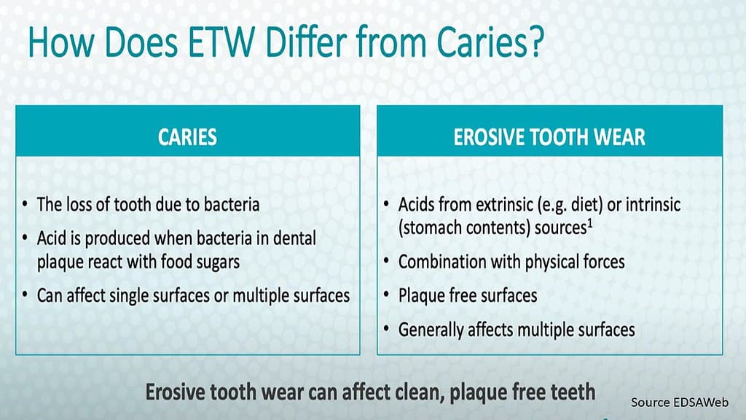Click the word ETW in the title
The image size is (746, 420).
point(221,42)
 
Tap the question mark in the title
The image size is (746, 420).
point(536,42)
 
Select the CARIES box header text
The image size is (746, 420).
point(187,137)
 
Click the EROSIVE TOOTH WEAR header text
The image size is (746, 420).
point(549,137)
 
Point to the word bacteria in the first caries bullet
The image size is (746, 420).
point(232,205)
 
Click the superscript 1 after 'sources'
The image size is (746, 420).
point(589,223)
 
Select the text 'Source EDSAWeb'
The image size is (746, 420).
point(680,402)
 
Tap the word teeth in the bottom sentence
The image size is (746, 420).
point(573,392)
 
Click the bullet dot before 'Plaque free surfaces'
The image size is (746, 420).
point(387,295)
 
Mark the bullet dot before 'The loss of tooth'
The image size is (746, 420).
point(25,205)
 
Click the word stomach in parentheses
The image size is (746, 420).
point(431,228)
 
